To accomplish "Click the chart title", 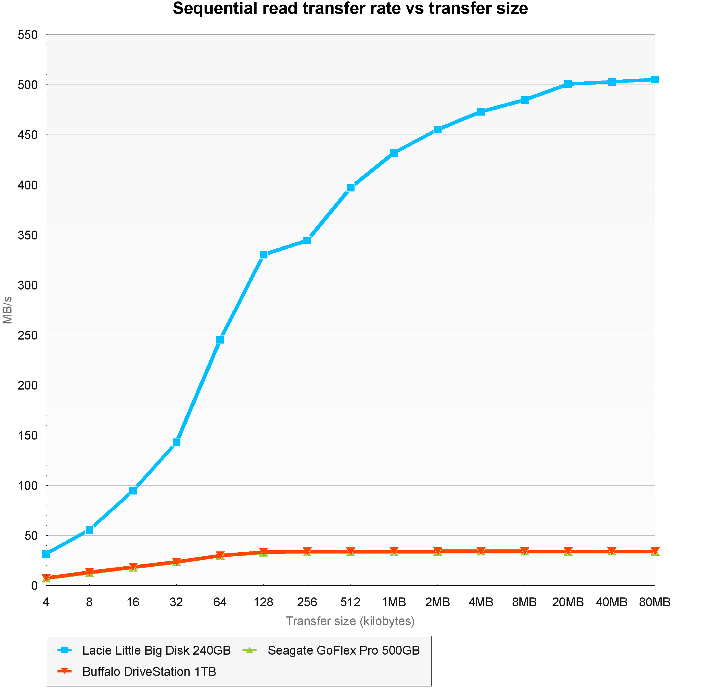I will click(x=350, y=9).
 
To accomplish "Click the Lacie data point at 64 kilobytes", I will click(x=220, y=340).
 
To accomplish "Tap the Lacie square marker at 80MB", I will click(x=655, y=79).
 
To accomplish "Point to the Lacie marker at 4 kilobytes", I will click(x=46, y=554).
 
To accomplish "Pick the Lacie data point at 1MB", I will click(x=394, y=153).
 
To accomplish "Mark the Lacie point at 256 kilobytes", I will click(x=307, y=240).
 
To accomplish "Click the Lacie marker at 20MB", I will click(x=568, y=84).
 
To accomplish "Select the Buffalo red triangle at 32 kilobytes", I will click(x=176, y=562).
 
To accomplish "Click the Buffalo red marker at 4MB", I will click(x=481, y=551).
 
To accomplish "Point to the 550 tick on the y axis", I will click(x=28, y=35).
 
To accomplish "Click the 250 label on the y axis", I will click(x=28, y=335).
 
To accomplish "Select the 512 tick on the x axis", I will click(x=350, y=602).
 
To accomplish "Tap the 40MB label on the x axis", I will click(x=611, y=602).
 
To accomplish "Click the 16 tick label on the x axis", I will click(x=133, y=602).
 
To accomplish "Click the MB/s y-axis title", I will click(x=7, y=310).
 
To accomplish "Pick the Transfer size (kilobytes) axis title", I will click(x=350, y=621).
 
